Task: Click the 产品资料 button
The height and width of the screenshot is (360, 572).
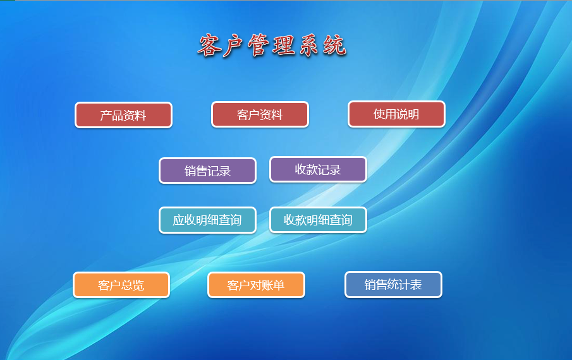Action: pyautogui.click(x=123, y=115)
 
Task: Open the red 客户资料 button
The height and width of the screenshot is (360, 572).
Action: pyautogui.click(x=260, y=114)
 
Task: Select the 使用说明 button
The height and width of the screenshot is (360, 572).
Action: pyautogui.click(x=396, y=114)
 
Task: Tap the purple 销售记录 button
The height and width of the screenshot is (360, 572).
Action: pyautogui.click(x=207, y=171)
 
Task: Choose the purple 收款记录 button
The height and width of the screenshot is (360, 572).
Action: pyautogui.click(x=318, y=169)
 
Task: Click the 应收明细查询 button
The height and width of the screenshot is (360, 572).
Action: pyautogui.click(x=207, y=220)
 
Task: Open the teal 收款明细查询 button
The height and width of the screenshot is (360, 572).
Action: pyautogui.click(x=318, y=220)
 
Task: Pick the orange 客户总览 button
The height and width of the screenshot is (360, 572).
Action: pyautogui.click(x=121, y=285)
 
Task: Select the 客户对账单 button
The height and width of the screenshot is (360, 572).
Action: pyautogui.click(x=256, y=285)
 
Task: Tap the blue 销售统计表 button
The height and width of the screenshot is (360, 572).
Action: pyautogui.click(x=393, y=285)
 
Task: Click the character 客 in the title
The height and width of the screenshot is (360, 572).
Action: pyautogui.click(x=210, y=45)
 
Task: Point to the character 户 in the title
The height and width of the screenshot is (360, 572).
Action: pyautogui.click(x=233, y=46)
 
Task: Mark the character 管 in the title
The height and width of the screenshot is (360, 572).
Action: pyautogui.click(x=259, y=45)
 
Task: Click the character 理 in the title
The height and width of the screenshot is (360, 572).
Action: pyautogui.click(x=284, y=45)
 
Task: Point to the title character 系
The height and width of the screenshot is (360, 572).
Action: pyautogui.click(x=309, y=45)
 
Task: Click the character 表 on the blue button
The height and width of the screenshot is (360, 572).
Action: pyautogui.click(x=417, y=285)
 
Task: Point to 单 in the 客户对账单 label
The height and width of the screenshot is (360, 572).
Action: pyautogui.click(x=279, y=285)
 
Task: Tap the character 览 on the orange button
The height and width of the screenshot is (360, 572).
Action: pyautogui.click(x=138, y=285)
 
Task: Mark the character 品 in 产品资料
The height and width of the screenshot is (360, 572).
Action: pyautogui.click(x=118, y=116)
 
